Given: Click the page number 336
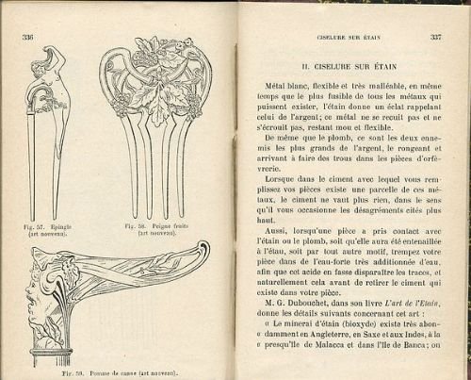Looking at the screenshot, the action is point(28,38).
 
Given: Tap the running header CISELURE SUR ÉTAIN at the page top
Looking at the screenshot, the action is point(341,38).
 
